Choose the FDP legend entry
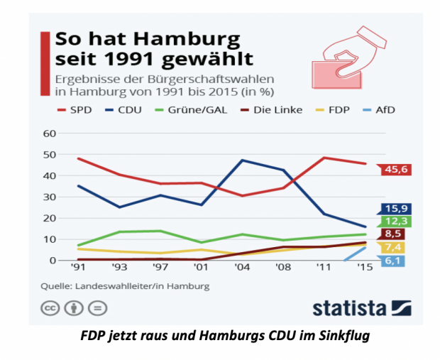338,110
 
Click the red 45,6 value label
395,169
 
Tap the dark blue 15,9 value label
395,209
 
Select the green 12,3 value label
395,222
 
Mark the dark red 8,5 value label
395,234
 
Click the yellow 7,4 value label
395,247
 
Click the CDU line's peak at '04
242,160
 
